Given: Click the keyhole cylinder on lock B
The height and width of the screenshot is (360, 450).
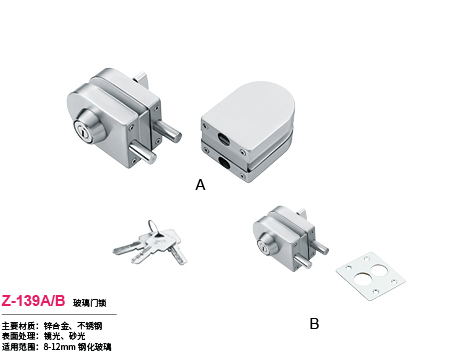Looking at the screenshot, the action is (x=265, y=244).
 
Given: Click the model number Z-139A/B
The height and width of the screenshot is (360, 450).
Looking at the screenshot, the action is (x=35, y=299).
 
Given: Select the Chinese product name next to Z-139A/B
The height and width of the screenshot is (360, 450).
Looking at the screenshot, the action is (x=88, y=300).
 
